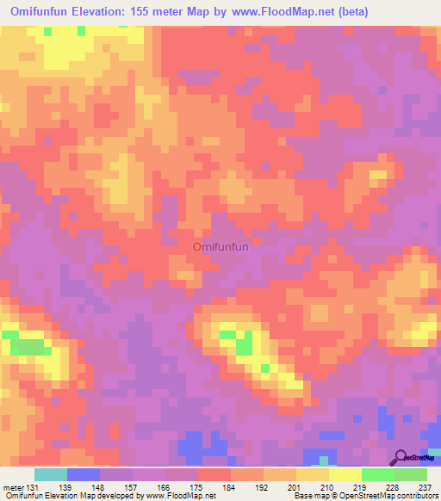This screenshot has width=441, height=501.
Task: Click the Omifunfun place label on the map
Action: [x=220, y=247]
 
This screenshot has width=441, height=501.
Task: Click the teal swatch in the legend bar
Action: [x=51, y=474]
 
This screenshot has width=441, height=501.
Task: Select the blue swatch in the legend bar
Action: [x=84, y=474]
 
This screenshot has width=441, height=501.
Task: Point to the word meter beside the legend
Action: [x=12, y=487]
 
